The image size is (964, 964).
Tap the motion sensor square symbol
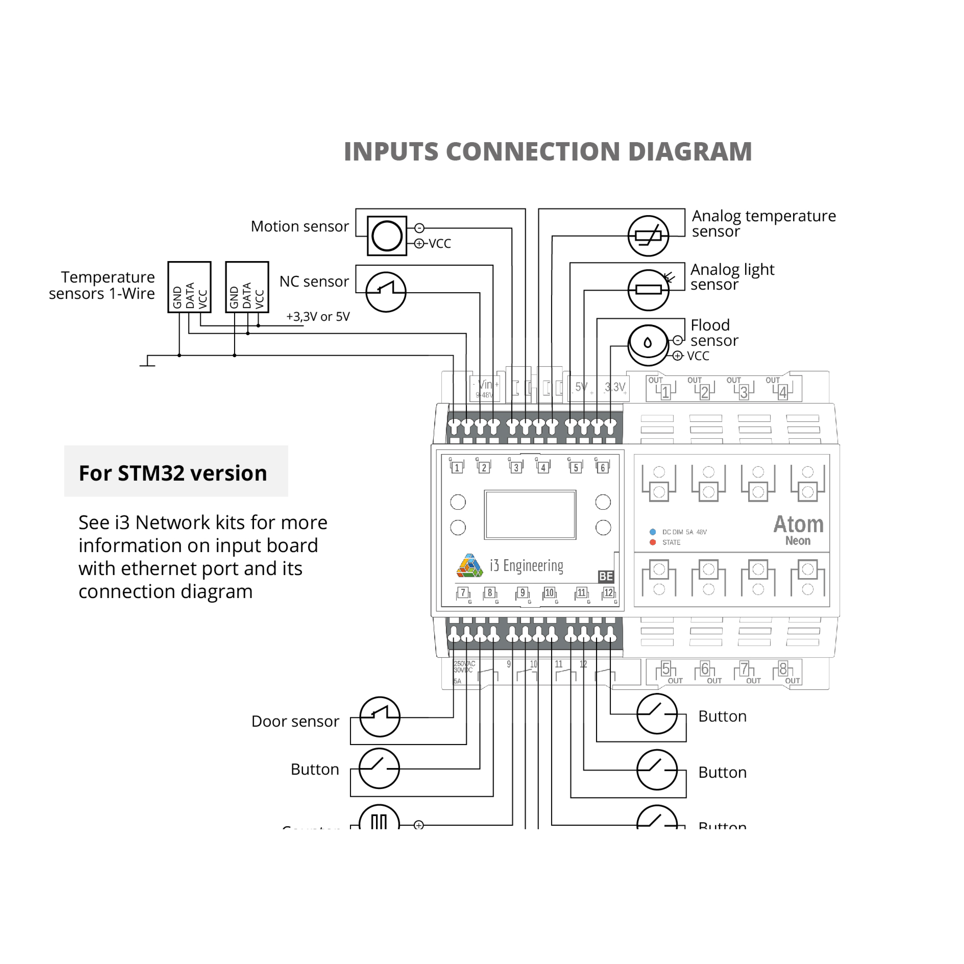pyautogui.click(x=387, y=236)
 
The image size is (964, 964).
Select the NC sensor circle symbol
pyautogui.click(x=386, y=292)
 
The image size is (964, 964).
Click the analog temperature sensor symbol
pyautogui.click(x=648, y=236)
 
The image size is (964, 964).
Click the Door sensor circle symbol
pyautogui.click(x=380, y=717)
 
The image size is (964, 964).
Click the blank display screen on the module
pyautogui.click(x=530, y=514)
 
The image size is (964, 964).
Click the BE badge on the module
pyautogui.click(x=606, y=576)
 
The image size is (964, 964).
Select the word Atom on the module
pyautogui.click(x=798, y=524)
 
